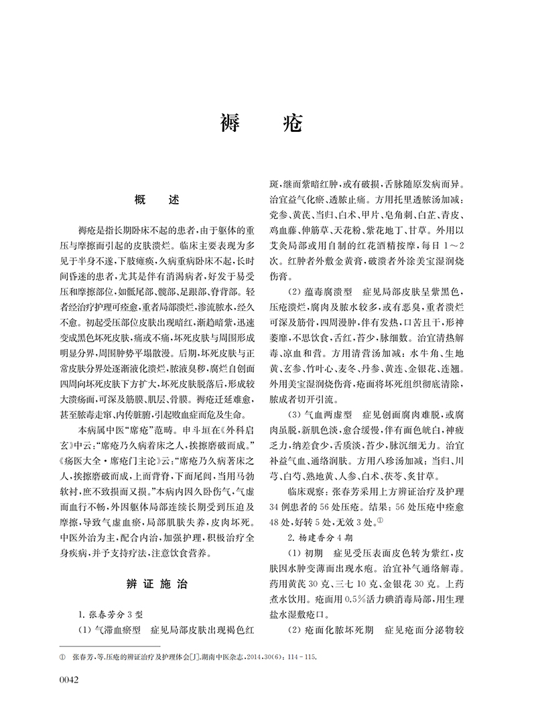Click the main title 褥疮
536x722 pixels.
click(261, 123)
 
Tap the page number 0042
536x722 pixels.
click(70, 681)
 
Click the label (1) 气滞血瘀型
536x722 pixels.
click(109, 630)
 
